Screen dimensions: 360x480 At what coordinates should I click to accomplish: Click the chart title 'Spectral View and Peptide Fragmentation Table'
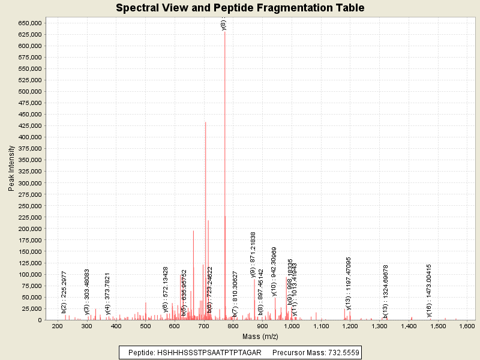pos(240,8)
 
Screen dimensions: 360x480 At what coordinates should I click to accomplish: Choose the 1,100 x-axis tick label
pos(321,326)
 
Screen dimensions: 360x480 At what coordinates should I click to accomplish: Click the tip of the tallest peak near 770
pos(225,32)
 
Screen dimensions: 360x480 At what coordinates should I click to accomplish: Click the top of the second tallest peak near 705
pos(205,122)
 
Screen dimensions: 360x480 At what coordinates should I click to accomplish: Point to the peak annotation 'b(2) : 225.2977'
pos(64,292)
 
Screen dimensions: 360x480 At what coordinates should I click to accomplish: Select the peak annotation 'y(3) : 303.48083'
pos(87,291)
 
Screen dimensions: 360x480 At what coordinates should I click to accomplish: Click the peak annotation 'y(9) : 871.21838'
pos(253,255)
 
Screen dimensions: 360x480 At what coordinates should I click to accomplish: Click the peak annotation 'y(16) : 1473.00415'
pos(429,290)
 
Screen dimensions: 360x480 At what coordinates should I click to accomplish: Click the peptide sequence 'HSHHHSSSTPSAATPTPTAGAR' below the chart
pos(209,353)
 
